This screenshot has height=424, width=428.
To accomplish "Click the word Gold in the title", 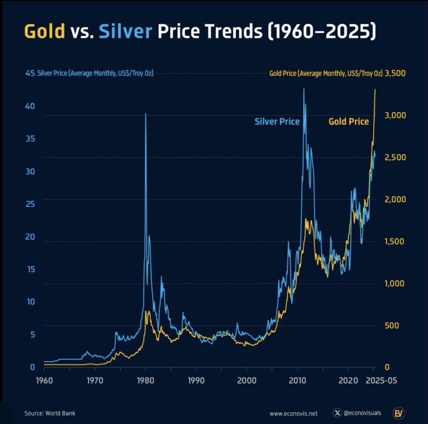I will coord(45,32).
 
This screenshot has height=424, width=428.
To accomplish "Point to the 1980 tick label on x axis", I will coord(145,381).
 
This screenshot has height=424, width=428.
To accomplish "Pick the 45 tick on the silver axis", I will coord(30,74).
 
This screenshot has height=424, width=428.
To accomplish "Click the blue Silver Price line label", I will coord(277,122).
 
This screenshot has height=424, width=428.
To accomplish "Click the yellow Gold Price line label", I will coord(349,122).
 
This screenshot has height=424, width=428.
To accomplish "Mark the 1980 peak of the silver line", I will coord(145,114).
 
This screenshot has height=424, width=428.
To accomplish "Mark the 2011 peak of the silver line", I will coord(304,89).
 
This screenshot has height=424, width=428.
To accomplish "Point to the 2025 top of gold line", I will coord(375,89).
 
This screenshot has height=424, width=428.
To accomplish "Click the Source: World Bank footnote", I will coord(50,413).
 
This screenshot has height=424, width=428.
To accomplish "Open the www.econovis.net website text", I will coord(293,413).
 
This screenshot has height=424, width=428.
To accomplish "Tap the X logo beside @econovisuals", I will coord(337,413).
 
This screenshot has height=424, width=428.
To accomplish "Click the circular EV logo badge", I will coord(398,413).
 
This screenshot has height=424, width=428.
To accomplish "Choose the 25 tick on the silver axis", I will coord(30,204).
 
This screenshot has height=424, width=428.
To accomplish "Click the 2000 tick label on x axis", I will coord(246,381).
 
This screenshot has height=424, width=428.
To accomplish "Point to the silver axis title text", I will coord(95,74).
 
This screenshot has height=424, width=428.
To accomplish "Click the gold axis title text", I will coord(326,74).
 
